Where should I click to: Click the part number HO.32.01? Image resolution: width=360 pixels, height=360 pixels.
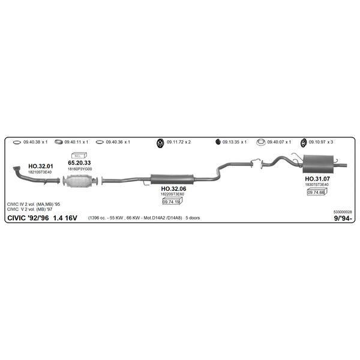pos(41,166)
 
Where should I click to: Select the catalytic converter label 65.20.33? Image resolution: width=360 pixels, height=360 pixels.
pos(79,163)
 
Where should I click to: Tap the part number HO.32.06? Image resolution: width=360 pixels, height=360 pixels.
pos(173,189)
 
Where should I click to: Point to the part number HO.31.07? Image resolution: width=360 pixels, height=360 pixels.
pos(317,179)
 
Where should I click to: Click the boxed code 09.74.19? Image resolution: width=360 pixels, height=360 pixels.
pos(171,202)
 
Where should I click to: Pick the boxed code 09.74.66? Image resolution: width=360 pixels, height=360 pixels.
pos(316,193)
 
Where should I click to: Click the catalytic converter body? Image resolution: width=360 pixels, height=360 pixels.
pos(79,181)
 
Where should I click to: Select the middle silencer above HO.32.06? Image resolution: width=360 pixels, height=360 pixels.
pos(172,179)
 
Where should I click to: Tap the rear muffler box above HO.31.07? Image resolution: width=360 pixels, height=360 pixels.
pos(318,164)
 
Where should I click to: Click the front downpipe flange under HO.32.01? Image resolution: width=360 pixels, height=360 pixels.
pos(16,169)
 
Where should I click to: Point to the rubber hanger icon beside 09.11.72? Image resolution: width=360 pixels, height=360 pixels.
pos(160,143)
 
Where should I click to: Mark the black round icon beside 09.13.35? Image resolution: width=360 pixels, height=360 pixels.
pos(218,142)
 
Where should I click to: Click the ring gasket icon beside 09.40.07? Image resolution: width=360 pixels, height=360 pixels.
pos(261,142)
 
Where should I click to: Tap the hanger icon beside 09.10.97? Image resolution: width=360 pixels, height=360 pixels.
pos(304,143)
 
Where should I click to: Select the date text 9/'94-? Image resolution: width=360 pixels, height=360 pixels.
pos(343,218)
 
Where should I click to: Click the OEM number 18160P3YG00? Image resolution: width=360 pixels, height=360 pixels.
pos(80,169)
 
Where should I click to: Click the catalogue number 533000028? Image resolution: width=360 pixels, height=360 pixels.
pos(343,212)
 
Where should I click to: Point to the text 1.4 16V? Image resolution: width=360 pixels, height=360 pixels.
pos(65,218)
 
